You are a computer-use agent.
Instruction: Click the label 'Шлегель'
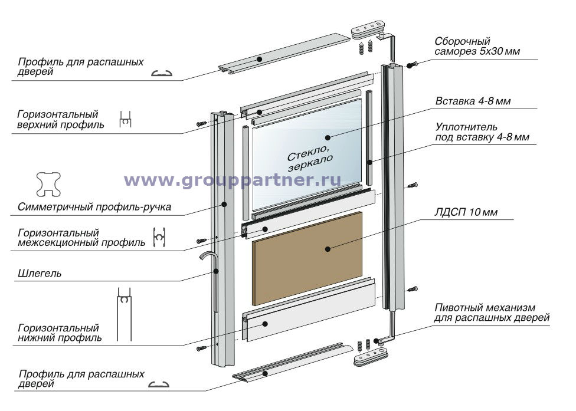[40, 274]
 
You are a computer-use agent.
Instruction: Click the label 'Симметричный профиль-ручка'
[94, 207]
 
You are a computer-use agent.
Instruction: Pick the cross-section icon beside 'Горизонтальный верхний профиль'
[125, 120]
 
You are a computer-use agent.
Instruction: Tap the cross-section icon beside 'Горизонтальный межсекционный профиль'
[158, 237]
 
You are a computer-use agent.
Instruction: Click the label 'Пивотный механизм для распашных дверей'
[492, 313]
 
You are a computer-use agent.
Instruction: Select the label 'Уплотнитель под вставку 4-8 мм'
[482, 133]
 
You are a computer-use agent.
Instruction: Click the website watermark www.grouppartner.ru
[233, 180]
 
